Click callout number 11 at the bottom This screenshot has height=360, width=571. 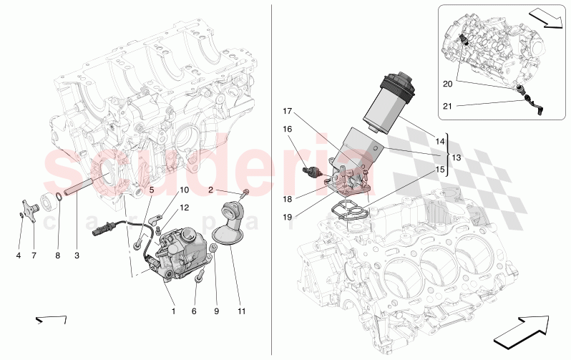coord(241,311)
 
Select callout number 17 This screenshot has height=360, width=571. coord(288,112)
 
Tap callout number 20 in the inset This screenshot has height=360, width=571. coord(447,84)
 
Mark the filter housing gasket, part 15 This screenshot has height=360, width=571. coord(347,209)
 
